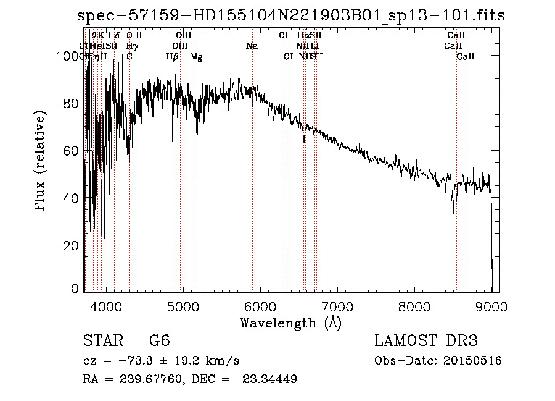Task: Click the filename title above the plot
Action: point(292,15)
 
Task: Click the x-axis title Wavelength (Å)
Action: point(290,323)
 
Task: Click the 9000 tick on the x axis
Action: point(491,305)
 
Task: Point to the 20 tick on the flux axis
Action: point(72,245)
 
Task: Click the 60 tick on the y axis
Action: point(72,151)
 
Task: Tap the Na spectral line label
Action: point(252,46)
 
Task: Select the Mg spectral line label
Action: point(197,57)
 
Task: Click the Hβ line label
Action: point(173,57)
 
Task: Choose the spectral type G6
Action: point(159,341)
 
